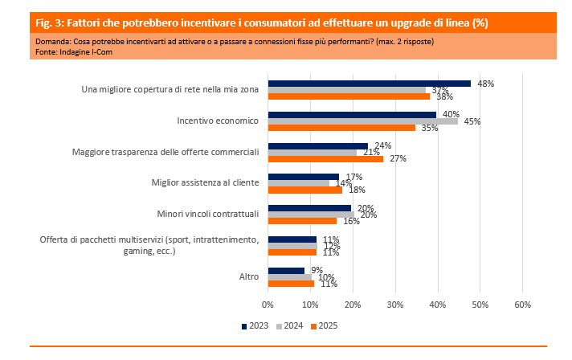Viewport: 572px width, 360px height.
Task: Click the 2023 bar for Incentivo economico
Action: (x=352, y=114)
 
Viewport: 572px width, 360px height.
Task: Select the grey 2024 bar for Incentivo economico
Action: (x=362, y=121)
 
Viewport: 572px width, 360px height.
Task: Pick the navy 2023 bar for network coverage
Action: (x=369, y=83)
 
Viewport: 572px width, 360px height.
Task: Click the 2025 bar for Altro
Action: (x=291, y=283)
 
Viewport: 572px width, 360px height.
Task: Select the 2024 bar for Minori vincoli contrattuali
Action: (x=311, y=214)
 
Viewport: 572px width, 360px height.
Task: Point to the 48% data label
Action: (x=485, y=84)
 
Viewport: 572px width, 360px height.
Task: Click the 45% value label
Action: (x=472, y=121)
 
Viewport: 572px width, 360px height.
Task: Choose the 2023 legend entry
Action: (x=255, y=325)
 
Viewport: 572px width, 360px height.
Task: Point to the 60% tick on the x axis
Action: (x=522, y=305)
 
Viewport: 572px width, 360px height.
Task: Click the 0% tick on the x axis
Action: (x=268, y=305)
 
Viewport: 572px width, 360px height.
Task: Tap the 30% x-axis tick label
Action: (x=394, y=305)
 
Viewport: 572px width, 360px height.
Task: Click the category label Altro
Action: (x=248, y=276)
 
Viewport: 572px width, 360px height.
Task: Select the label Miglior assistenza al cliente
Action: (x=205, y=182)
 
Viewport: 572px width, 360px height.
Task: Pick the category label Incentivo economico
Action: (x=217, y=121)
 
